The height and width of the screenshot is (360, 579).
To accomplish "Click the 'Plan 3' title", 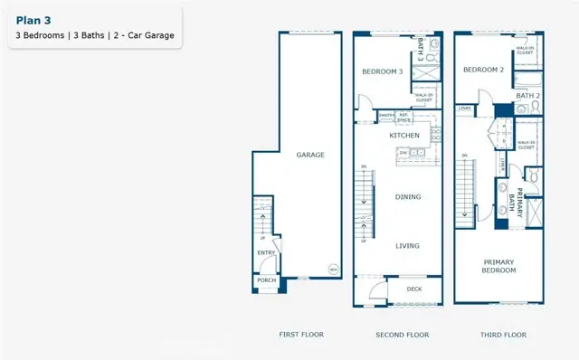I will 33,18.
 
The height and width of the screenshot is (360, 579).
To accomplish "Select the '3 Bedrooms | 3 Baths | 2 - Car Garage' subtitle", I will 94,36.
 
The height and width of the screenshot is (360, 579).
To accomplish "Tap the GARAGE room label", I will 309,155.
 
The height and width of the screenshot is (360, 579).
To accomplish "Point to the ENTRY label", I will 266,252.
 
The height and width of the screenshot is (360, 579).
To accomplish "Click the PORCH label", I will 266,280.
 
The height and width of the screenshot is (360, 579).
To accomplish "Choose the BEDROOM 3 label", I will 382,71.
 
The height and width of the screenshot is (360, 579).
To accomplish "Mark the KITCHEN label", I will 403,135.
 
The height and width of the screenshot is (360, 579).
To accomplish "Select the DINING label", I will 409,196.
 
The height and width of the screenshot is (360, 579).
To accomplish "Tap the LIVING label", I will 408,244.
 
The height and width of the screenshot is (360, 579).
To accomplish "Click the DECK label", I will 414,290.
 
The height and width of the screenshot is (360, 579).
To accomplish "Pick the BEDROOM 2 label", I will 482,70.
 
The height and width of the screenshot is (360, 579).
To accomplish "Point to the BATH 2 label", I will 527,95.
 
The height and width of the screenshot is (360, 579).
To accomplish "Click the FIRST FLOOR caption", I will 300,335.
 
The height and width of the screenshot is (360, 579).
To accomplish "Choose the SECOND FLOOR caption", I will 402,335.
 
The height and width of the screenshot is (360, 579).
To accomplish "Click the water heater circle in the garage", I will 332,270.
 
